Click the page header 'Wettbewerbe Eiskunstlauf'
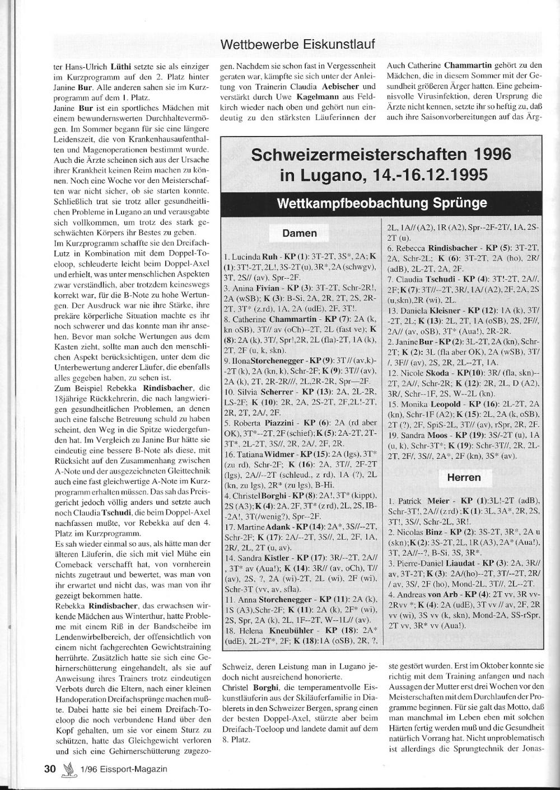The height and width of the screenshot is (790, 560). [297, 44]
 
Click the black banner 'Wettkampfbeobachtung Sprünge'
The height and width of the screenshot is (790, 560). [382, 203]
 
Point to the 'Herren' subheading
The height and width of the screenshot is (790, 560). [464, 477]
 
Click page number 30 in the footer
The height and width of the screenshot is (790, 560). [50, 769]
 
